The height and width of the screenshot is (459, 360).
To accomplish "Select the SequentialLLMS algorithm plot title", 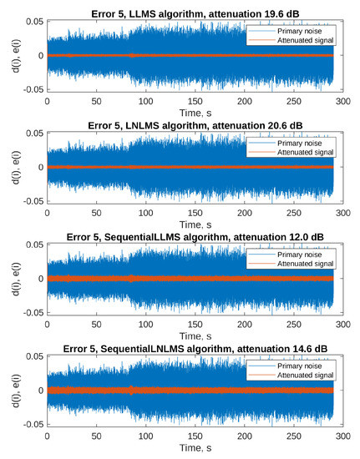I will click(x=190, y=235).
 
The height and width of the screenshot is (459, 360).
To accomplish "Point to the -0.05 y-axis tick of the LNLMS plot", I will click(x=28, y=201).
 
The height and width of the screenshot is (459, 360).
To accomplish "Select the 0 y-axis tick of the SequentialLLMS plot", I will click(x=37, y=278).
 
